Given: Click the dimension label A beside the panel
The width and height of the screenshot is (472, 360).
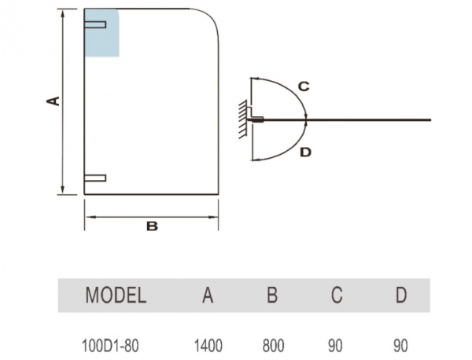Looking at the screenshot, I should pos(53,100).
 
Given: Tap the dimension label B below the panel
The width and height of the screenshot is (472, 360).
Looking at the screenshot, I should pos(152,226).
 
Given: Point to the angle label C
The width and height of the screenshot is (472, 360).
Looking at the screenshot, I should pos(303,86).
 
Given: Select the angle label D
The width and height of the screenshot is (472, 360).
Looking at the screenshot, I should pos(305,152).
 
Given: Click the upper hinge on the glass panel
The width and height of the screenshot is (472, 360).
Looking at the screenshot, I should pos(96,25).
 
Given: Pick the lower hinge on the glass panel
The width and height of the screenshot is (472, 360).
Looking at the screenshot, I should pos(95,178).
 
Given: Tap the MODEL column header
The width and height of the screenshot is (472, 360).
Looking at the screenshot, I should pos(116,296).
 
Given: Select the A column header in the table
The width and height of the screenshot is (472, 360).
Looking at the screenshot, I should pos(208,296).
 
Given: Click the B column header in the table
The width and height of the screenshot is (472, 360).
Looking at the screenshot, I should pos(272,296).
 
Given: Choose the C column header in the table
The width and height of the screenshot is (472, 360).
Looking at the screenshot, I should pos(337,296).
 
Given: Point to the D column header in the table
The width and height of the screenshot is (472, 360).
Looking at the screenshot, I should pos(401,296).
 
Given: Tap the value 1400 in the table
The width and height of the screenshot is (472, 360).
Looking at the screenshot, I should pos(208,344).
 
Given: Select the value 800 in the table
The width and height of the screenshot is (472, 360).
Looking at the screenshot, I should pos(272,344).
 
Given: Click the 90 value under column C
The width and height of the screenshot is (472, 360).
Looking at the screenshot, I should pos(337,344).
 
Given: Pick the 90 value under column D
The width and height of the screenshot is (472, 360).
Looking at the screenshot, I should pos(401,344).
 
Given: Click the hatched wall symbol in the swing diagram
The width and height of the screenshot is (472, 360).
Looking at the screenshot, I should pos(242,119).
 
